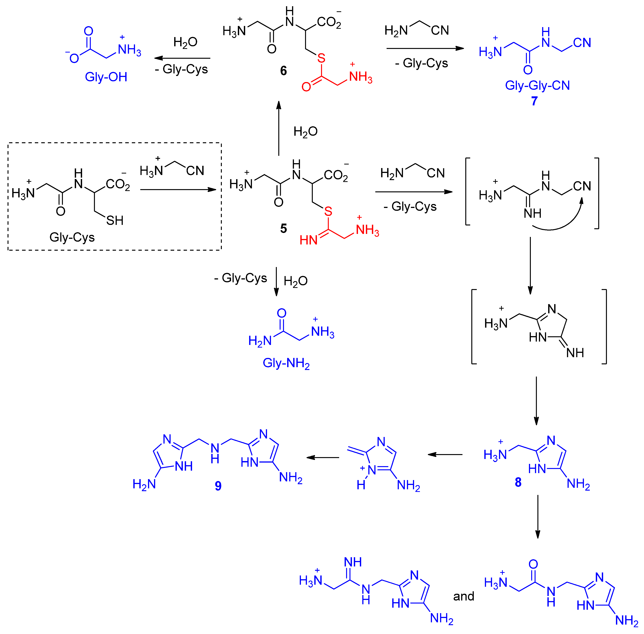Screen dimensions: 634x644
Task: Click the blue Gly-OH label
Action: tap(106, 77)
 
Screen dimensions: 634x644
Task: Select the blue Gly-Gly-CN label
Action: tap(537, 86)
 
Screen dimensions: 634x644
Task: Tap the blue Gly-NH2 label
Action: tap(286, 363)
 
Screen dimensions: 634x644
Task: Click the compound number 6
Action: tap(283, 71)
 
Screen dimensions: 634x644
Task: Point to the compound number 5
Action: tap(283, 228)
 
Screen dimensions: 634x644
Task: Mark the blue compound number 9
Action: tap(218, 486)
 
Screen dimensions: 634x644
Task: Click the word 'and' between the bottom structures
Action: tap(463, 596)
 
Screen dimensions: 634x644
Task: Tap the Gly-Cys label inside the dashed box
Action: tap(72, 237)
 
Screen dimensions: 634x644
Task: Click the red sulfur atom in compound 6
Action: tap(321, 58)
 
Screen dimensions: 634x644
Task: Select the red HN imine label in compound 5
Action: tap(308, 240)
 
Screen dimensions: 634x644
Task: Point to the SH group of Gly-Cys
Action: tap(115, 220)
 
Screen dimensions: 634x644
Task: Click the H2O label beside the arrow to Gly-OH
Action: tap(185, 43)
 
